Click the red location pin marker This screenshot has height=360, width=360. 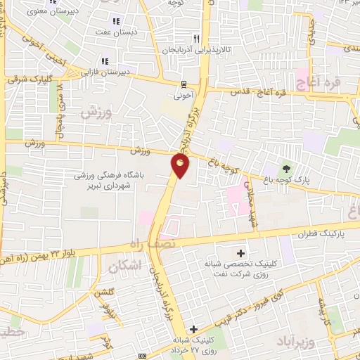pos(181,166)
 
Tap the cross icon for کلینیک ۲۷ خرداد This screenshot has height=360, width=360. pos(193,329)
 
